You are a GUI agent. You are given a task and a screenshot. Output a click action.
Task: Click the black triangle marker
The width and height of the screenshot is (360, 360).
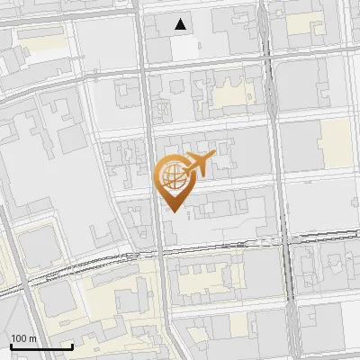182,24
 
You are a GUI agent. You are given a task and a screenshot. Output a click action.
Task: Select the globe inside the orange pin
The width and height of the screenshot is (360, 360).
171,175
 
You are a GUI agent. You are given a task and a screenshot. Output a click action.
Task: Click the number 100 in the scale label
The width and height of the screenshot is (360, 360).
17,338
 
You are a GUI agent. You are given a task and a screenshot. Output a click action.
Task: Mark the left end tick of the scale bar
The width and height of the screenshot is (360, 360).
11,346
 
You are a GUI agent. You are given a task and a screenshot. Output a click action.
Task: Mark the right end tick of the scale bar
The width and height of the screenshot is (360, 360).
72,346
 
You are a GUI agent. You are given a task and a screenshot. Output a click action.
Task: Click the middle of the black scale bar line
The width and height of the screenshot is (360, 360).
41,347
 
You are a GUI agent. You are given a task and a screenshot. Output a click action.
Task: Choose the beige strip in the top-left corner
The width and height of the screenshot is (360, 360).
40,41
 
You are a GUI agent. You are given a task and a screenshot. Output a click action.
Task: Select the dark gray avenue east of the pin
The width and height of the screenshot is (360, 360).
283,162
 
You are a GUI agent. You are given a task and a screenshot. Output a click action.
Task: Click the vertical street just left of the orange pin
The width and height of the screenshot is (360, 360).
150,180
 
